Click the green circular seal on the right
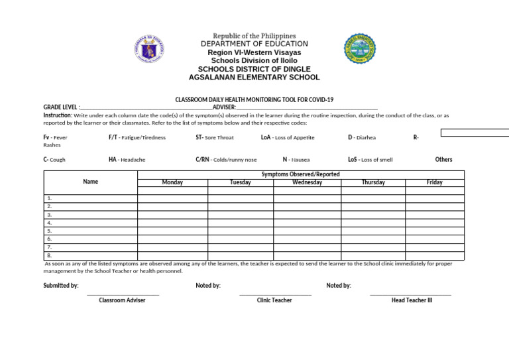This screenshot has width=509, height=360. (360, 50)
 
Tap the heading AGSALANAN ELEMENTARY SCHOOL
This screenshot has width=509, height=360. (254, 78)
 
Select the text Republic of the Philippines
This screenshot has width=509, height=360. (254, 36)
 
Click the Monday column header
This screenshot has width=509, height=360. (172, 182)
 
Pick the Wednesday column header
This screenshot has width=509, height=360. (307, 182)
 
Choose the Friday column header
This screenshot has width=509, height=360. (435, 182)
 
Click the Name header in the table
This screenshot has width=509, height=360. (91, 181)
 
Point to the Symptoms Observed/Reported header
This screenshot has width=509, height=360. (300, 174)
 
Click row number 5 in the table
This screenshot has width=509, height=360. (50, 231)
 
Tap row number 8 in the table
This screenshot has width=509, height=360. (50, 255)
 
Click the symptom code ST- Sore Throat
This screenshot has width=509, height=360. (215, 138)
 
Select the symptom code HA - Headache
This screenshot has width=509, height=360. (127, 160)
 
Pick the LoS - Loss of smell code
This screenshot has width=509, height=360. (370, 160)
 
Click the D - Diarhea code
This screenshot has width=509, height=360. (361, 138)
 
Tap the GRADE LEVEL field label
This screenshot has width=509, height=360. (61, 107)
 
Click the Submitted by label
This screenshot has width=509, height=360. (61, 286)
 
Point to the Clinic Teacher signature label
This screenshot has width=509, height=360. (274, 300)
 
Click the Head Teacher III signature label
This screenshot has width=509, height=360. (412, 300)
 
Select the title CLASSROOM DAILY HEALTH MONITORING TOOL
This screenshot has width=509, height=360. (254, 99)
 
